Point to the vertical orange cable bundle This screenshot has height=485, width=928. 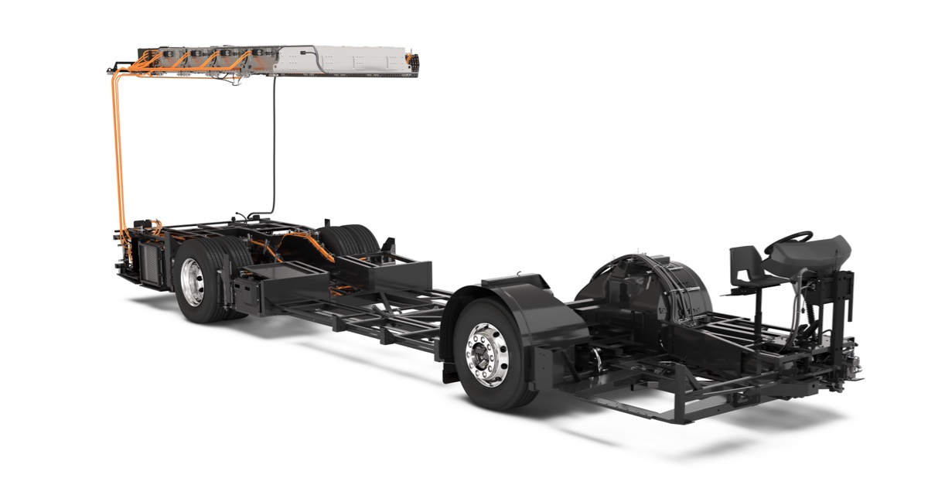(118, 155)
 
